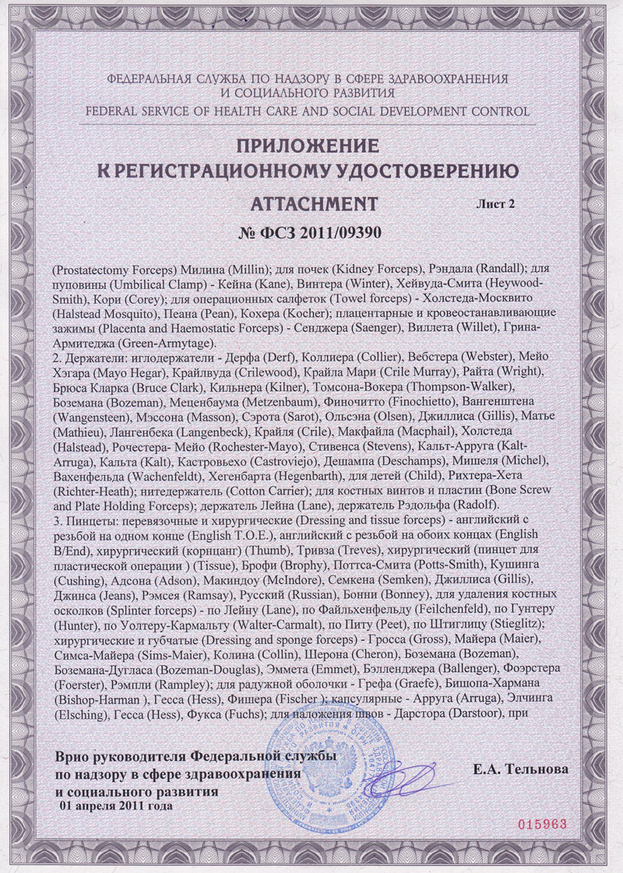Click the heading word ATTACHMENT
315,204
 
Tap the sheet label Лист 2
495,204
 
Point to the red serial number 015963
539,824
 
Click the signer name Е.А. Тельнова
520,769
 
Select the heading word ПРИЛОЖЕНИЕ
311,146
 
